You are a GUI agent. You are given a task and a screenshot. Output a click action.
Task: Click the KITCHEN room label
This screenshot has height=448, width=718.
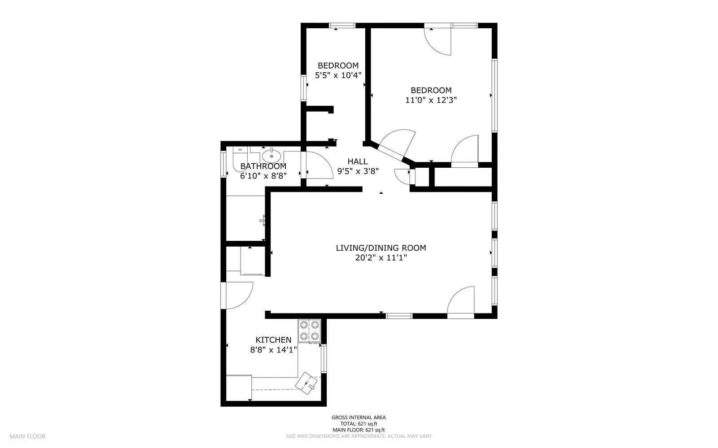pyautogui.click(x=273, y=340)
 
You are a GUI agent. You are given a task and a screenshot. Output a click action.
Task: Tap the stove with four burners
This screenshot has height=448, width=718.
pyautogui.click(x=309, y=331)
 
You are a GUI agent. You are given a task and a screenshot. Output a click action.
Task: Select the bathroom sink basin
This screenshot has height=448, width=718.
pyautogui.click(x=271, y=156)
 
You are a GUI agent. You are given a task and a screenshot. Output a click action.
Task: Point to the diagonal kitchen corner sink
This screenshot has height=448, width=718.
pyautogui.click(x=306, y=383)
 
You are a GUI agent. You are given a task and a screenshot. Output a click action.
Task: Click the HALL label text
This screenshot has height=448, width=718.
pyautogui.click(x=357, y=161)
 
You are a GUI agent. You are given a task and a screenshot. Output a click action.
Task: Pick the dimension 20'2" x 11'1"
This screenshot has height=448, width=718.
pyautogui.click(x=381, y=257)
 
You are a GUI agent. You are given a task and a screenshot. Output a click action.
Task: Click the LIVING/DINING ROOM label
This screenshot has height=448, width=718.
pyautogui.click(x=381, y=248)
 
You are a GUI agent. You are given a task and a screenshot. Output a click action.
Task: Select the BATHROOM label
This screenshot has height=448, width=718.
pyautogui.click(x=263, y=166)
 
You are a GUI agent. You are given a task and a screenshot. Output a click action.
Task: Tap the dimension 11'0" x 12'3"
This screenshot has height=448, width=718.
pyautogui.click(x=431, y=100)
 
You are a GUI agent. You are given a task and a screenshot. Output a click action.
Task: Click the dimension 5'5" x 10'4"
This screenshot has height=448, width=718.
pyautogui.click(x=338, y=75)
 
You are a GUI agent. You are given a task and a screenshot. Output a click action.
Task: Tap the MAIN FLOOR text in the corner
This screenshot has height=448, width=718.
pyautogui.click(x=27, y=436)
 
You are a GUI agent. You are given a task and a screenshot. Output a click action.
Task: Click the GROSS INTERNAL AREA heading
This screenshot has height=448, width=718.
pyautogui.click(x=359, y=417)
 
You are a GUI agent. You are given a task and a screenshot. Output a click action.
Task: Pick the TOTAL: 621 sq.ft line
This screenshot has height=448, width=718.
pyautogui.click(x=359, y=424)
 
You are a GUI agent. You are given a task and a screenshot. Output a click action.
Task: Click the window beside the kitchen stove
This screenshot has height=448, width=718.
pyautogui.click(x=324, y=358)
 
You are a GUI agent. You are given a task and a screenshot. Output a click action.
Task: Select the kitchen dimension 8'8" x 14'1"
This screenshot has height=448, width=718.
pyautogui.click(x=273, y=350)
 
